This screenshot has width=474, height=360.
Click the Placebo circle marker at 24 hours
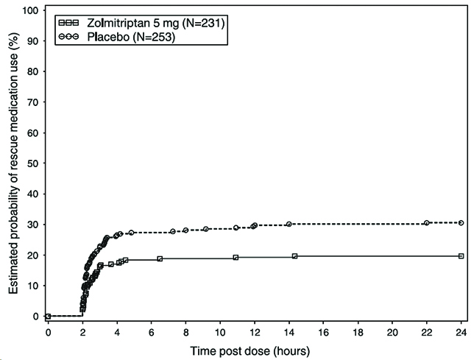point(461,222)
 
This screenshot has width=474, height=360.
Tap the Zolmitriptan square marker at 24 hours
point(461,255)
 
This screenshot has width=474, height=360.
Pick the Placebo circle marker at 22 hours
point(427,222)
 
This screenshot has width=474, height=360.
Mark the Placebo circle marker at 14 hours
point(289,224)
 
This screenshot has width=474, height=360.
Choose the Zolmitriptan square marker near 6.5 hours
point(160,258)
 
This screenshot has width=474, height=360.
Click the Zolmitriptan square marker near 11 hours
point(236,257)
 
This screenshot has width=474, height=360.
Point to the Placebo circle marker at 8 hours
point(185,230)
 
